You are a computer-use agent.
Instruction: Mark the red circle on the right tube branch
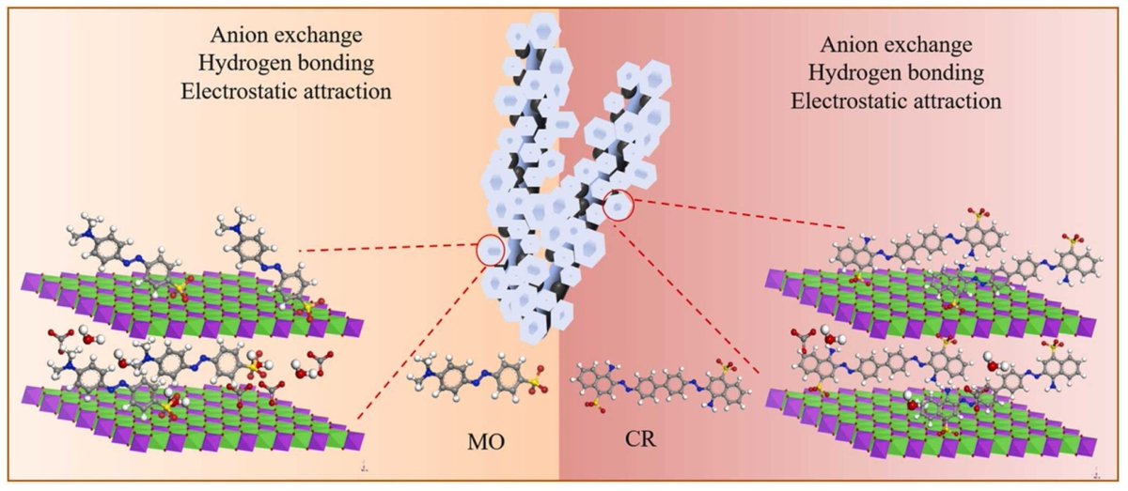pyautogui.click(x=619, y=205)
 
